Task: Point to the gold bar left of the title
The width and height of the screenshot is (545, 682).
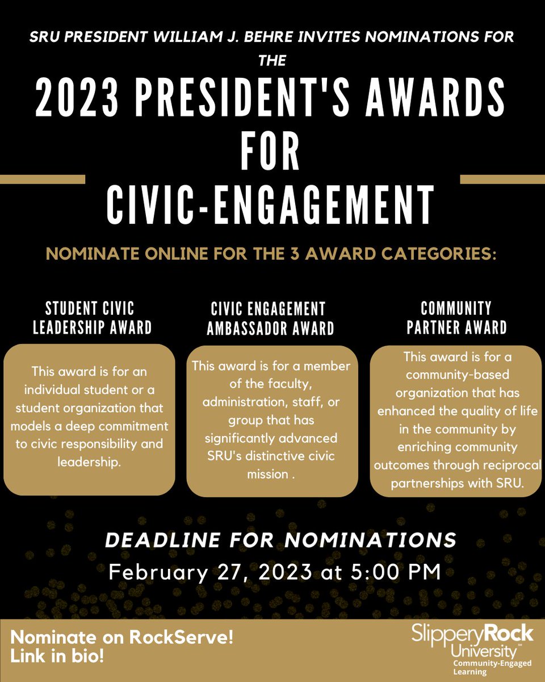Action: coord(42,180)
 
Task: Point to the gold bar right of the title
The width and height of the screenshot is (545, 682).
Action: coord(502,180)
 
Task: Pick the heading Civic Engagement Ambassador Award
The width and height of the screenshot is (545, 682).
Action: coord(270,319)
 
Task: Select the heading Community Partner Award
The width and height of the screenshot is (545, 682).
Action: coord(456,319)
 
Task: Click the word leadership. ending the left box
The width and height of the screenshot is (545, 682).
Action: coord(90,462)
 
